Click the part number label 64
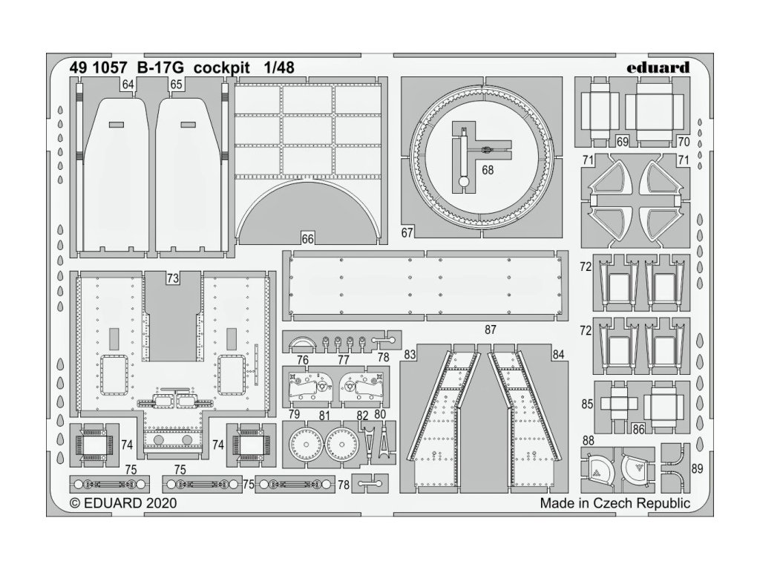[128, 85]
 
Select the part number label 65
[176, 85]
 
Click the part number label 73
[173, 278]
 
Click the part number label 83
[410, 355]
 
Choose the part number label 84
[559, 355]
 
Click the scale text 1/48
[278, 68]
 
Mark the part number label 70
[684, 140]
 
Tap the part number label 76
[303, 359]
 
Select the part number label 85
[588, 405]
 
